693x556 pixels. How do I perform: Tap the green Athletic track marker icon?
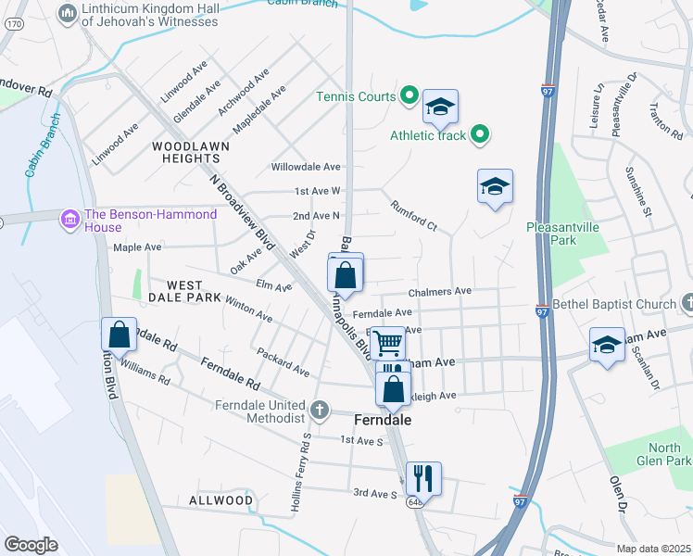[479, 136]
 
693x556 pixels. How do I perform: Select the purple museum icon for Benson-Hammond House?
[69, 221]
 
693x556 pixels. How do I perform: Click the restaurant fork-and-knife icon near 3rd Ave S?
[423, 477]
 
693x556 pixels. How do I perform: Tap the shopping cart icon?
[389, 342]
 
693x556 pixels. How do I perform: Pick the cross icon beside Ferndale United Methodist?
[320, 410]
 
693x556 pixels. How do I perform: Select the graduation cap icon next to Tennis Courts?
[440, 107]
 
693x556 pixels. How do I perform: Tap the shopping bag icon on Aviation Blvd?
[119, 334]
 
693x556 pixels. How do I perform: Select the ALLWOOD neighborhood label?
[220, 500]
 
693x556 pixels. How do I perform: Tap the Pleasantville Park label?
[563, 234]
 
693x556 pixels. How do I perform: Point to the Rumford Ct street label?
[412, 216]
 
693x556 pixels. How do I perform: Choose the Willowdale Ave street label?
[306, 167]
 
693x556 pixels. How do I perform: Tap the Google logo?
[31, 545]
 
